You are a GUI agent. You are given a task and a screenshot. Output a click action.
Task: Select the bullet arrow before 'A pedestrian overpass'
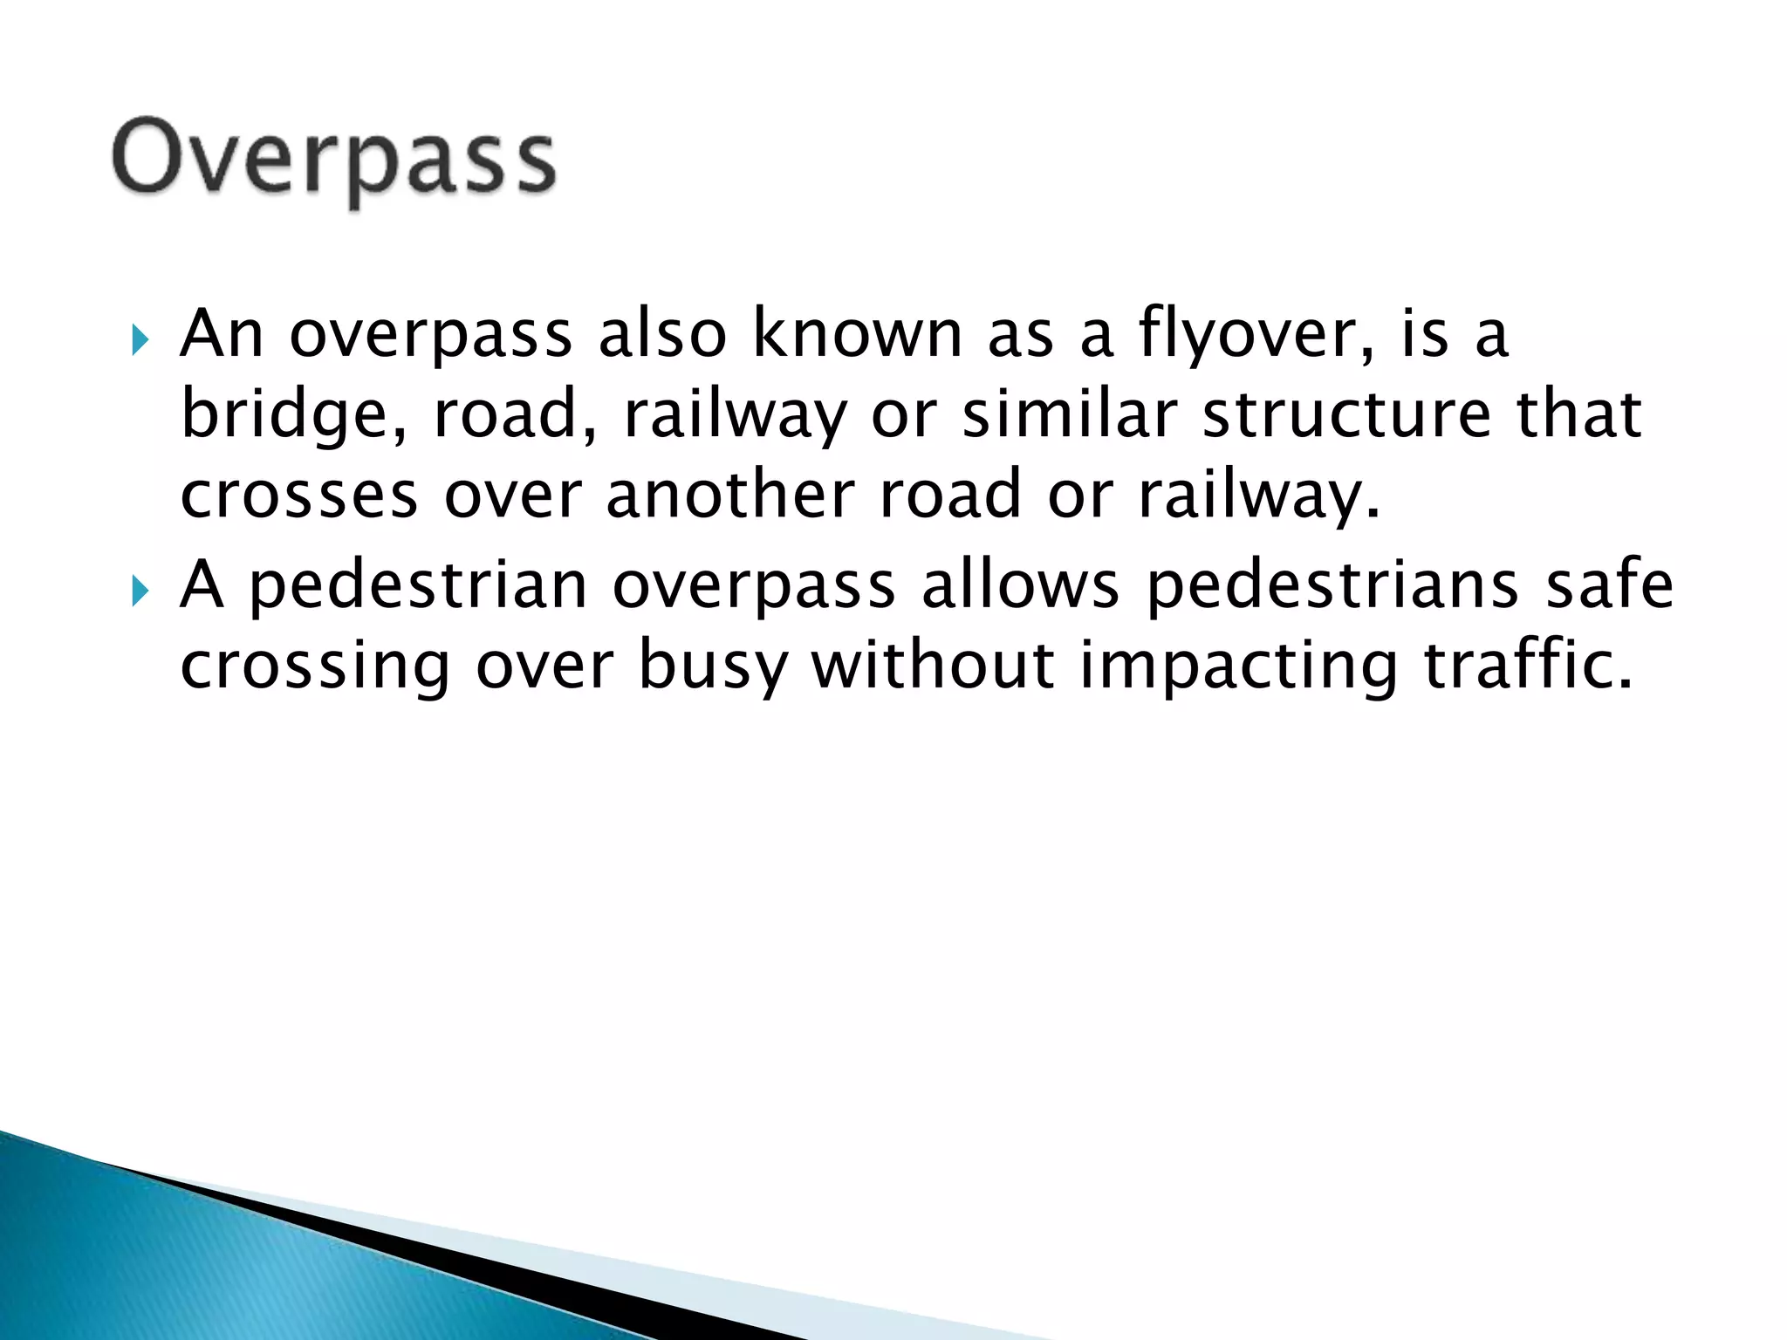(x=140, y=591)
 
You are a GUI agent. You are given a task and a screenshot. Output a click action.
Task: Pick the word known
(x=857, y=334)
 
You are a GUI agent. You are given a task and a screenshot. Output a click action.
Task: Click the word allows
(x=1020, y=585)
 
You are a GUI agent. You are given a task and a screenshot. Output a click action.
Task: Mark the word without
(x=932, y=665)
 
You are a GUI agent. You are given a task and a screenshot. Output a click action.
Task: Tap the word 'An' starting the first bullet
(x=221, y=334)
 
